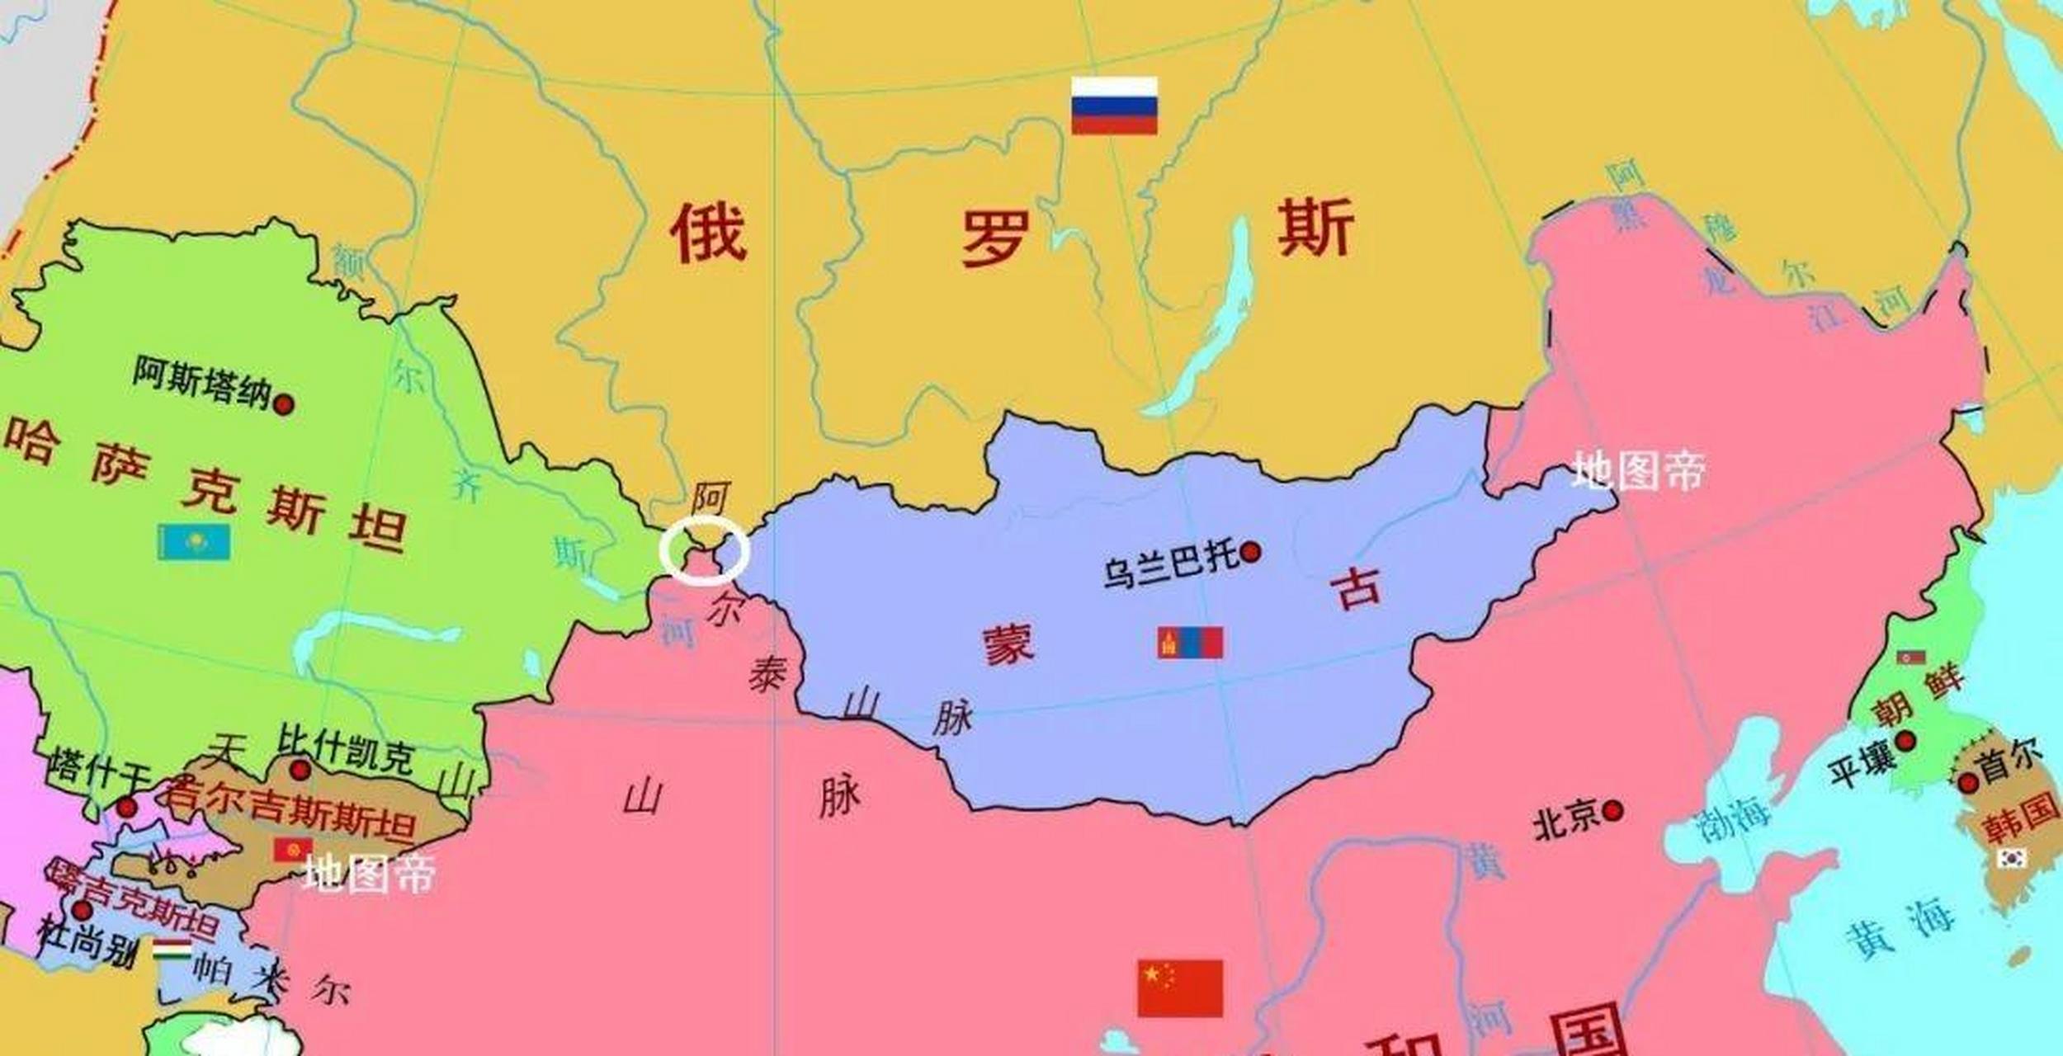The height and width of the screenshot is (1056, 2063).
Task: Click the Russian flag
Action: [x=1114, y=106]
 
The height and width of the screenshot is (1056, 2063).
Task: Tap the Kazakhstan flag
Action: [x=194, y=542]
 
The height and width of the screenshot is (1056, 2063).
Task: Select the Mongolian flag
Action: [x=1190, y=642]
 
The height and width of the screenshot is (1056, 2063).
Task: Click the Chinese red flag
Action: [x=1180, y=988]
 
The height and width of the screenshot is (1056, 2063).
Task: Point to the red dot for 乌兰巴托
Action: [x=1251, y=552]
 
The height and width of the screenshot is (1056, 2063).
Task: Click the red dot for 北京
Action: [x=1613, y=811]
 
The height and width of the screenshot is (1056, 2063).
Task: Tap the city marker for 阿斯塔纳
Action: [x=284, y=405]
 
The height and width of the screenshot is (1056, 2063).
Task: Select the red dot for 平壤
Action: [x=1905, y=741]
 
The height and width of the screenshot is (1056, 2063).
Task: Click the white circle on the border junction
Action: [x=704, y=550]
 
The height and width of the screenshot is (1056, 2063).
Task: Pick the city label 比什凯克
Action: [x=347, y=747]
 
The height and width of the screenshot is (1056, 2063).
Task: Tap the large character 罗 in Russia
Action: [x=996, y=238]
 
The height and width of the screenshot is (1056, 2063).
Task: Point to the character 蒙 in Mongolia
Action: [x=1008, y=643]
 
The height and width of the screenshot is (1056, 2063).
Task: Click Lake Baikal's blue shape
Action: [x=1213, y=322]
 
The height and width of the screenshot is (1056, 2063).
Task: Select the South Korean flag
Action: [x=2012, y=858]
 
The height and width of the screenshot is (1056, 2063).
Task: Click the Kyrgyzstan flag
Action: [x=293, y=849]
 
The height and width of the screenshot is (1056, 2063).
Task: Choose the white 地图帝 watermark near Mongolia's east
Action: [x=1638, y=471]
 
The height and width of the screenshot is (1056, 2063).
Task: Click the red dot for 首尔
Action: [x=1968, y=781]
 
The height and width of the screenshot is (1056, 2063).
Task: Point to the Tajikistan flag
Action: [x=172, y=950]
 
